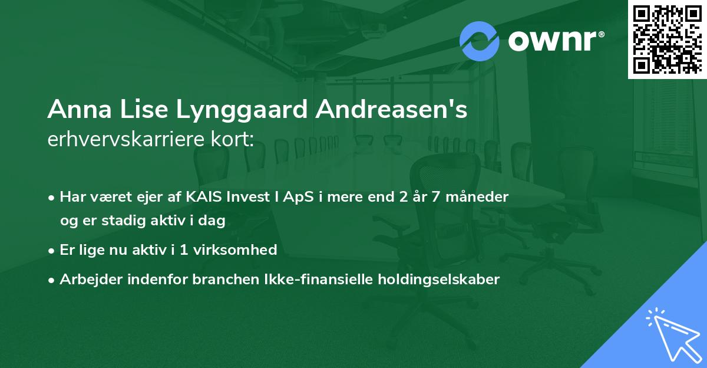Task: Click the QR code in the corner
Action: pyautogui.click(x=668, y=39)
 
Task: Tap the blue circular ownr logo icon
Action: pyautogui.click(x=480, y=41)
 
